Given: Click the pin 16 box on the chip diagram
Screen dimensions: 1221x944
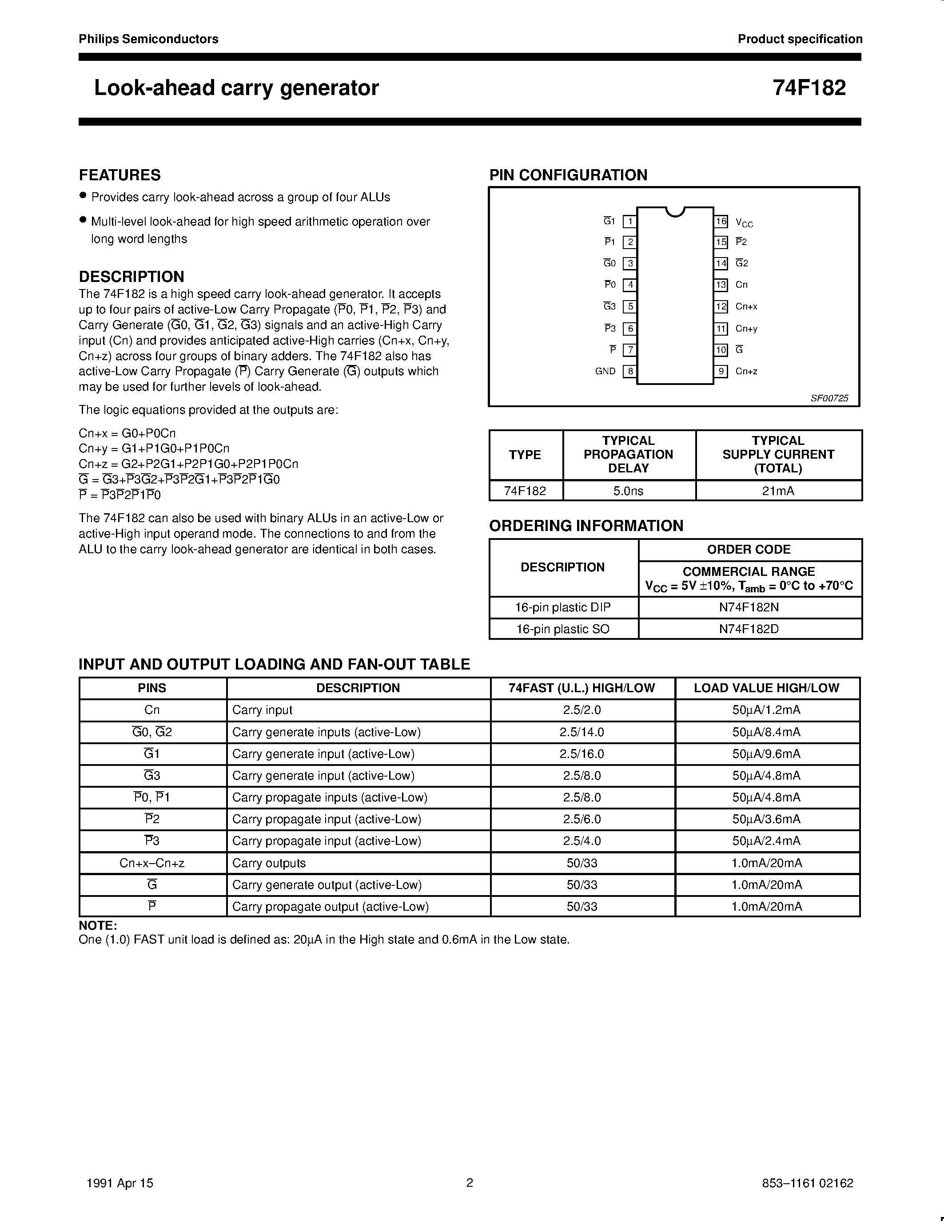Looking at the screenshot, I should tap(721, 222).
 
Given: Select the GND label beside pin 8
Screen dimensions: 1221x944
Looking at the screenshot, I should tap(605, 371).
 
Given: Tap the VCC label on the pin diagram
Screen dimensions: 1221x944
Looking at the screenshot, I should tap(744, 222).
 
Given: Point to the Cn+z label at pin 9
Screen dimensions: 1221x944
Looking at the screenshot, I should tap(746, 371).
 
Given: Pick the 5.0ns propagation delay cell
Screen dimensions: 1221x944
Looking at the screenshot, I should tap(628, 491).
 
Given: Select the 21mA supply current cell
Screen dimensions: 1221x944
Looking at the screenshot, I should tap(778, 491).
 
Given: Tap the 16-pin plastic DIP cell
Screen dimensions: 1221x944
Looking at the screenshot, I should tap(562, 607).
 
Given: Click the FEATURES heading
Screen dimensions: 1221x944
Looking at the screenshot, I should tap(119, 175).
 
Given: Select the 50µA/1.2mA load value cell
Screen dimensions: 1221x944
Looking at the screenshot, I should tap(766, 710).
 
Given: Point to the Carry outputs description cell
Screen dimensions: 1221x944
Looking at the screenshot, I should tap(269, 863).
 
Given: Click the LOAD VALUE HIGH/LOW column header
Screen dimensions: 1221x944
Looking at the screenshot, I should tap(766, 688).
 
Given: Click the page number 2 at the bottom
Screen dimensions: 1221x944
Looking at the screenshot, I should tap(470, 1182).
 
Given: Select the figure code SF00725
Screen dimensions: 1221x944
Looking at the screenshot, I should tap(829, 398).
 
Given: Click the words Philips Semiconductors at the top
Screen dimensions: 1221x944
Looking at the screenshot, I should tap(148, 39).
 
